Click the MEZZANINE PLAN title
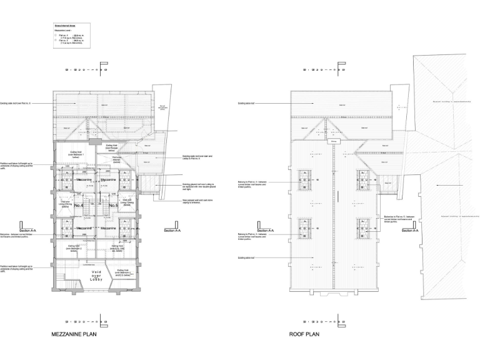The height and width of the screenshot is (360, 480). [74, 334]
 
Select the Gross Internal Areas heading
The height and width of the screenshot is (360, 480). [64, 26]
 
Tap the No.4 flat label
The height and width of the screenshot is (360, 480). [79, 205]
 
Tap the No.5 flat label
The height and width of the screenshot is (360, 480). [113, 205]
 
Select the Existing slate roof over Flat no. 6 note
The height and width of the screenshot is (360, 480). [16, 102]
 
